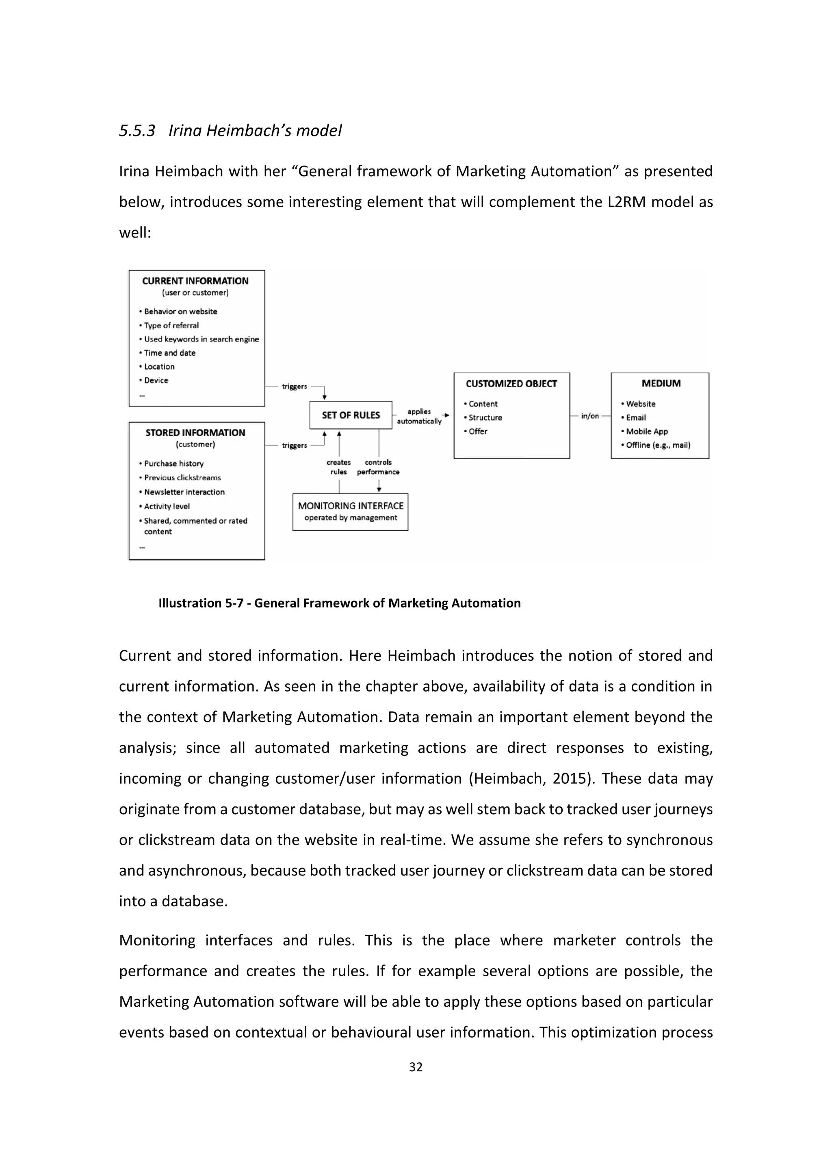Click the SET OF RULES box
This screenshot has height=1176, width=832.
pos(351,415)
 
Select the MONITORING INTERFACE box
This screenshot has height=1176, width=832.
pos(351,512)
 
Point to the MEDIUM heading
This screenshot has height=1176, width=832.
pos(661,383)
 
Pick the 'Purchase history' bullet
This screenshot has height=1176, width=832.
pos(174,463)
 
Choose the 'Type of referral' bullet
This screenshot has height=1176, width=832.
pos(171,325)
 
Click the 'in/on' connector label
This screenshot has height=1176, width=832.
pos(590,416)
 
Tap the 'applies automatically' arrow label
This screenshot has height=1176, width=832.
pos(419,416)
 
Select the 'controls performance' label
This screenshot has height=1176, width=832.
pos(378,467)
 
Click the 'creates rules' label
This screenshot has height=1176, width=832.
pos(339,467)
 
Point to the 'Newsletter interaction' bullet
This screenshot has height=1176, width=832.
pos(184,492)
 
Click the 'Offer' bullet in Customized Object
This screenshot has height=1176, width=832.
pos(477,431)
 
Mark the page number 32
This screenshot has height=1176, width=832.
pos(416,1067)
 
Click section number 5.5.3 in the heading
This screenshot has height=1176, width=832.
pos(137,131)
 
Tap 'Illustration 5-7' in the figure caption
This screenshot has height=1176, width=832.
pos(200,603)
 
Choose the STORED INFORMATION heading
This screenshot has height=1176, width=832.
pos(195,433)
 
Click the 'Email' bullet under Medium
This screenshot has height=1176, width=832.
pos(635,417)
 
